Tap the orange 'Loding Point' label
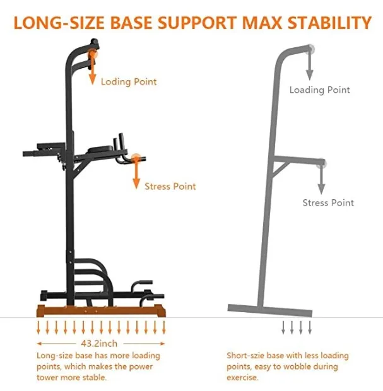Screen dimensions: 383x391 [129, 81]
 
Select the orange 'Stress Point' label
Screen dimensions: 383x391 [170, 186]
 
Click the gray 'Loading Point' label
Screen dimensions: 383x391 [319, 90]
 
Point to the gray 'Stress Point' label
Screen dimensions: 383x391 [328, 202]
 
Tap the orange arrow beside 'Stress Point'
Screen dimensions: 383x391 [135, 174]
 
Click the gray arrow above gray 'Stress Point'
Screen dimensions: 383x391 [321, 180]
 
